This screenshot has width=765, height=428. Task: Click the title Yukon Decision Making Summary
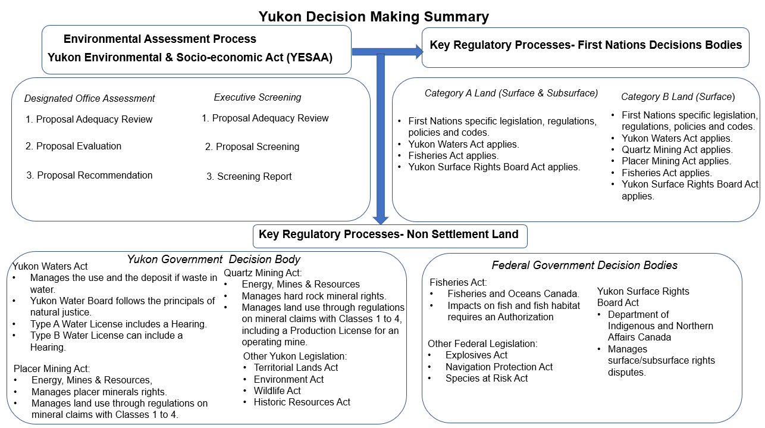373,17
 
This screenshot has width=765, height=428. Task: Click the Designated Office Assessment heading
90,99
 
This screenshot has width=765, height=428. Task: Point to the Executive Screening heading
258,98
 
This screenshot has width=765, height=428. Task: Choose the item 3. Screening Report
249,177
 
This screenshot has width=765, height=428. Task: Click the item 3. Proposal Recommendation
89,176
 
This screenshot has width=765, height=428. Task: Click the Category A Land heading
511,93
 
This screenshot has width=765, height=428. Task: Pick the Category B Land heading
678,96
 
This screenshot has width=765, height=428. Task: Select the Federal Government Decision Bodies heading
584,265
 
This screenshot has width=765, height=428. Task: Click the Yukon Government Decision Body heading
214,260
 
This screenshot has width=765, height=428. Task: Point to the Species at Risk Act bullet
486,379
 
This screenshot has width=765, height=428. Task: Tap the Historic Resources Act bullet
302,402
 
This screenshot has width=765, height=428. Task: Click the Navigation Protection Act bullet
498,367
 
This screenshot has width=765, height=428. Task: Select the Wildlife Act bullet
277,391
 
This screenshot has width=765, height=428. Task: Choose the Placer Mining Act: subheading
52,369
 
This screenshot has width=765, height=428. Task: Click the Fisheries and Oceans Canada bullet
513,294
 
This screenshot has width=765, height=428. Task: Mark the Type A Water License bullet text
118,324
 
